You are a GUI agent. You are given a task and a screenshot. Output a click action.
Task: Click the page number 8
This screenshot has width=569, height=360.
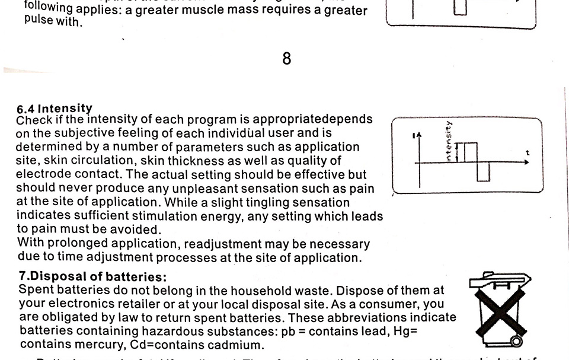click(x=287, y=59)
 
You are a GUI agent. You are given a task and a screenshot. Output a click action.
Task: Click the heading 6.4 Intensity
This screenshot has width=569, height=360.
click(x=55, y=109)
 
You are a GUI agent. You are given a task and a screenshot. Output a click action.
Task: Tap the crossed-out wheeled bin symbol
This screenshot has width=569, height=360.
click(x=500, y=308)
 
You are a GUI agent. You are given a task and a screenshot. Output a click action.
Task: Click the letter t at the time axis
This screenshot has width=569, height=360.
click(x=527, y=154)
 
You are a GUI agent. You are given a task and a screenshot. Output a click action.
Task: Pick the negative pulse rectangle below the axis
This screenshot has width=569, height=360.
click(x=484, y=171)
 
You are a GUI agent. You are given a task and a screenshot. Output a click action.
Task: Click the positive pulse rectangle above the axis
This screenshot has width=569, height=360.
click(x=470, y=152)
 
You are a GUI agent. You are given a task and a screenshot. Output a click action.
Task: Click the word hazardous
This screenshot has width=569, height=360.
click(x=153, y=331)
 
